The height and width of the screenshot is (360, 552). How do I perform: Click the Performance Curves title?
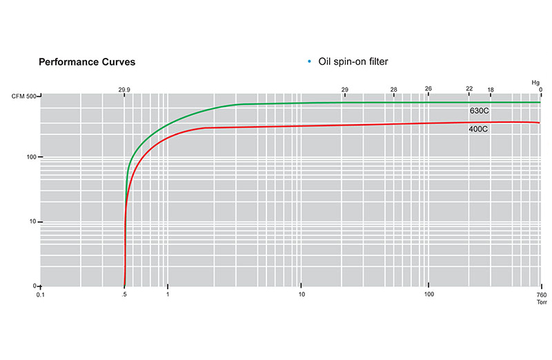click(86, 62)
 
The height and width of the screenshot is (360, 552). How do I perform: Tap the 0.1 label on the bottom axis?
click(41, 295)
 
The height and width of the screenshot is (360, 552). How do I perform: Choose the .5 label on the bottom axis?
click(124, 295)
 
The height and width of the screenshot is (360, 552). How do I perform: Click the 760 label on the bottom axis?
click(541, 295)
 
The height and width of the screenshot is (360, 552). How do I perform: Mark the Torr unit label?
click(541, 303)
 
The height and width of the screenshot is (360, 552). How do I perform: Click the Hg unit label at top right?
click(535, 82)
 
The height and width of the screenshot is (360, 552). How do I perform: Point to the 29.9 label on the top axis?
click(124, 90)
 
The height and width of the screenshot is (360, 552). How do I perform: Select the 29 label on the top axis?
click(345, 90)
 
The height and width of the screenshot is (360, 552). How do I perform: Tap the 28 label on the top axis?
click(393, 90)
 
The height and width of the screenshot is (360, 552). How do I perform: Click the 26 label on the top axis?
click(428, 89)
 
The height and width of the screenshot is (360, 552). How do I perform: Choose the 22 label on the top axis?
click(469, 89)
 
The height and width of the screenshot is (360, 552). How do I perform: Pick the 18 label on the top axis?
click(491, 90)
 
